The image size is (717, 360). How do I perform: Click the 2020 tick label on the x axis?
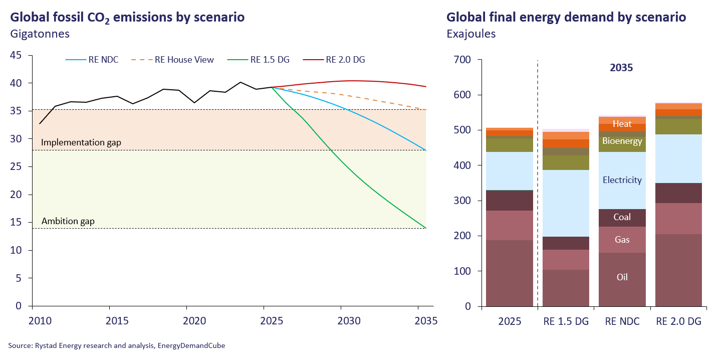[186, 321]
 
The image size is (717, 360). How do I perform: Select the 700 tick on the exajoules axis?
[462, 60]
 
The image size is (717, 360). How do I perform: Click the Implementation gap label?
[81, 143]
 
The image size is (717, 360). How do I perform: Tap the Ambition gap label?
[68, 221]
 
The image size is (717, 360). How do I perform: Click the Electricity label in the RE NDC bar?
[622, 180]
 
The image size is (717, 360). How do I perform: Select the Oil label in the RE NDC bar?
[622, 277]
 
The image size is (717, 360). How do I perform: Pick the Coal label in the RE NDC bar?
[622, 218]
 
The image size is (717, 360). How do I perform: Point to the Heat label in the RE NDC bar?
[622, 124]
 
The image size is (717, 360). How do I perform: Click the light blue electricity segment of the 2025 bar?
[510, 171]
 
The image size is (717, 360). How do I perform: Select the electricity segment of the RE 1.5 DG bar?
[566, 203]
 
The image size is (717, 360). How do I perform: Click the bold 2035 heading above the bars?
[621, 68]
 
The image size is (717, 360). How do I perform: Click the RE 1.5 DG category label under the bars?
[566, 321]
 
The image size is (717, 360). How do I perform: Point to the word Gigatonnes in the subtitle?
[39, 34]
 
